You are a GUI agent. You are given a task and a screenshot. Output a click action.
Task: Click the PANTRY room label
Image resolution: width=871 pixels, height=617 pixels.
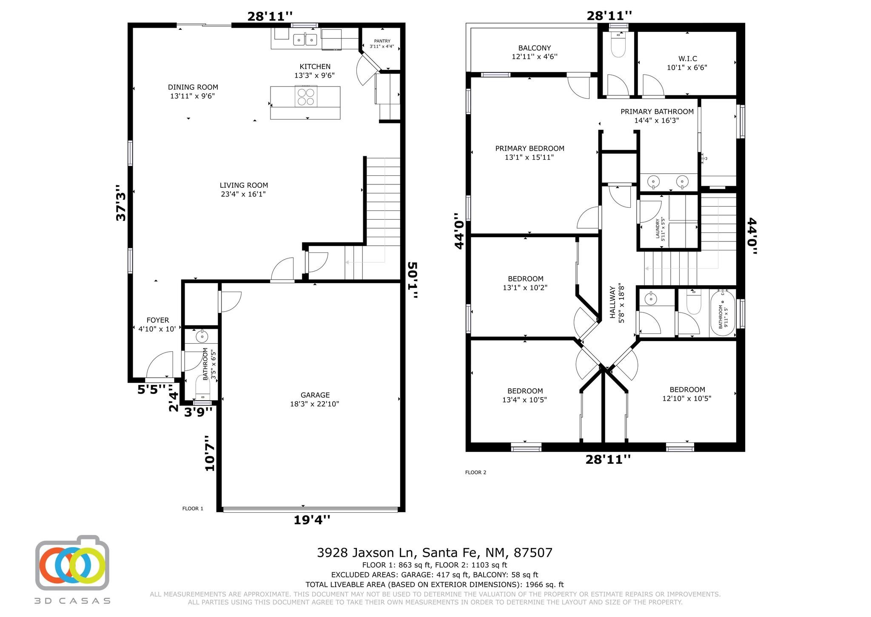point(382,41)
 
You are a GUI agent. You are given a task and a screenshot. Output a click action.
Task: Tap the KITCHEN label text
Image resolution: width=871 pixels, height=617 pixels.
point(315,66)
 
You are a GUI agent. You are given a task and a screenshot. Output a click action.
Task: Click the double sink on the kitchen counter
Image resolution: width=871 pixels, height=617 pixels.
point(305,40)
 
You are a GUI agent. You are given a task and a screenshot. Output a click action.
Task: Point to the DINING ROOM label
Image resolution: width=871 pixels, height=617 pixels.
point(193,87)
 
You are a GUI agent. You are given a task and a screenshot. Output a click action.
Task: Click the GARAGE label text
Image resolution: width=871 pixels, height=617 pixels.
point(315,395)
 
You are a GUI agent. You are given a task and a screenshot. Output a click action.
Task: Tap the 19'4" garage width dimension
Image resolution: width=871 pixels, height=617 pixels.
point(312,520)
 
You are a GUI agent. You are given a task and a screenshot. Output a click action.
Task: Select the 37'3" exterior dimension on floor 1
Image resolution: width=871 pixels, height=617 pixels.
point(121,203)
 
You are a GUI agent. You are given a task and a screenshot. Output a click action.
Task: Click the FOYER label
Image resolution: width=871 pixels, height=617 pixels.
point(157,320)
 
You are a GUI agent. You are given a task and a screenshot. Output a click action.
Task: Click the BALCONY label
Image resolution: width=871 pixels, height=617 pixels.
point(535,48)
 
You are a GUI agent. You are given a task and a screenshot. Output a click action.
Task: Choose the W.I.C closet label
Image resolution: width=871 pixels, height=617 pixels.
point(688,59)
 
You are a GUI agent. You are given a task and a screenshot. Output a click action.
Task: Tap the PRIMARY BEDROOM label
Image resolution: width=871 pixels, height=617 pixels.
point(529,149)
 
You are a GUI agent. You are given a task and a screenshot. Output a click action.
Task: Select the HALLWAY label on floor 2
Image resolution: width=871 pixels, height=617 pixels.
point(613,302)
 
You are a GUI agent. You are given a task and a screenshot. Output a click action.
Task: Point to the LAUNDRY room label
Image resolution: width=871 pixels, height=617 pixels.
point(658,229)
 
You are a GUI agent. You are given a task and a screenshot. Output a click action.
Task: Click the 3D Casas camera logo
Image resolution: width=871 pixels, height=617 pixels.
point(72,562)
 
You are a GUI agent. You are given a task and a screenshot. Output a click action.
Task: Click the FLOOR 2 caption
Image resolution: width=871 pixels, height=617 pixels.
point(475,472)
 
